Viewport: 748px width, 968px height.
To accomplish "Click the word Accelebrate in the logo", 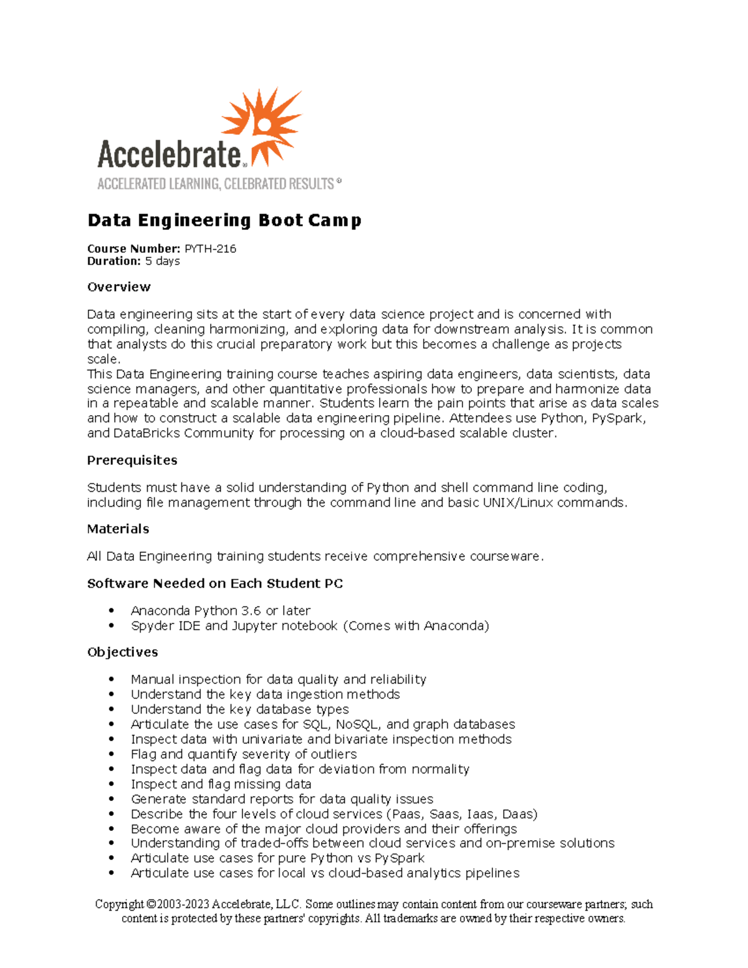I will pyautogui.click(x=170, y=154).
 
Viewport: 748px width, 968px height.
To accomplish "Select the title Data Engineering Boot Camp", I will pyautogui.click(x=224, y=221).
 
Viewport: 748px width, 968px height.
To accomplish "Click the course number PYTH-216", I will pyautogui.click(x=211, y=249).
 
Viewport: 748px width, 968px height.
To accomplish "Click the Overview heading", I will pyautogui.click(x=119, y=287).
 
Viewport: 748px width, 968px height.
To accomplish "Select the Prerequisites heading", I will pyautogui.click(x=132, y=460).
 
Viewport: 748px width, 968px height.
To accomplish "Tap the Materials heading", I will pyautogui.click(x=118, y=529).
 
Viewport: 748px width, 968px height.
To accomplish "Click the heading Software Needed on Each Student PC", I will pyautogui.click(x=215, y=583).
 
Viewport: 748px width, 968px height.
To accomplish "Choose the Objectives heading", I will pyautogui.click(x=122, y=652).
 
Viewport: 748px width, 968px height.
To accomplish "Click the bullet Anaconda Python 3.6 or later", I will pyautogui.click(x=221, y=611).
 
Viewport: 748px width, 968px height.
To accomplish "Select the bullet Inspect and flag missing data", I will pyautogui.click(x=221, y=784).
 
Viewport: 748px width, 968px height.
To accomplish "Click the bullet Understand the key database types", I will pyautogui.click(x=239, y=709).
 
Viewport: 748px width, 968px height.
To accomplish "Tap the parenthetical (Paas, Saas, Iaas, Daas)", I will pyautogui.click(x=462, y=814).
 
